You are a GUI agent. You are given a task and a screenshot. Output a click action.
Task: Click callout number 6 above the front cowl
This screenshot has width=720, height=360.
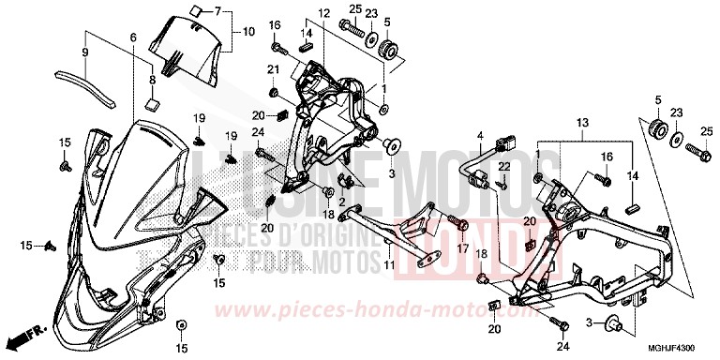[132, 37]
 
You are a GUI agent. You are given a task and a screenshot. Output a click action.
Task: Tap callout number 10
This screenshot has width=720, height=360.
[248, 31]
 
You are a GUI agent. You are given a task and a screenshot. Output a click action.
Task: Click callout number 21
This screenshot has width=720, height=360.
[273, 71]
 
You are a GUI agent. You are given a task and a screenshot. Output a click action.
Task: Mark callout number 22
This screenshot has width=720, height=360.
[502, 166]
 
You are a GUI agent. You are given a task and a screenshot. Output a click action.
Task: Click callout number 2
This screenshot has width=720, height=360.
[342, 202]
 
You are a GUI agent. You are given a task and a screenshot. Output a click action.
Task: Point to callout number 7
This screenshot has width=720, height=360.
[217, 11]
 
